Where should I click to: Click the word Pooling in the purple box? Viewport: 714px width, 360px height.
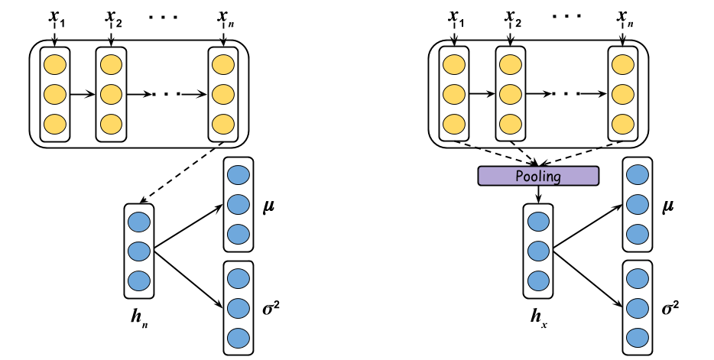(538, 176)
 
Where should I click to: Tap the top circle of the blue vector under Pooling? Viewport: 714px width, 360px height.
(538, 222)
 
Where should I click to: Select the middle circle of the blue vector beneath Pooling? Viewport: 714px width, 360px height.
(538, 251)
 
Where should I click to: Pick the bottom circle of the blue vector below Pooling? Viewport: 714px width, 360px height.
(538, 281)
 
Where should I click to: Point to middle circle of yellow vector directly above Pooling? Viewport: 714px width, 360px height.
(510, 94)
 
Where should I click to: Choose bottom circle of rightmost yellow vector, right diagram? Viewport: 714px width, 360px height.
(623, 124)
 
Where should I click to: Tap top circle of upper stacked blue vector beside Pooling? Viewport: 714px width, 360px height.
(638, 175)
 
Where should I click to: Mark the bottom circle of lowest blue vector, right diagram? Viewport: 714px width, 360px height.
(638, 338)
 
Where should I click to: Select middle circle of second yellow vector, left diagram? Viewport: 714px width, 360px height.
(111, 94)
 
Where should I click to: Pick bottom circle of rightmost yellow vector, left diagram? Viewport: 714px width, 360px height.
(223, 124)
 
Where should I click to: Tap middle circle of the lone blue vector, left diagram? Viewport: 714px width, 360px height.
(139, 251)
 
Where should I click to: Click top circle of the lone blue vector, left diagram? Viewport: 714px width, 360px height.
(139, 222)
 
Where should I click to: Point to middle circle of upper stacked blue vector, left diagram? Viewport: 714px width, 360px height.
(239, 204)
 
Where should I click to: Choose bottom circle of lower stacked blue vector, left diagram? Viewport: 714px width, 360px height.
(239, 338)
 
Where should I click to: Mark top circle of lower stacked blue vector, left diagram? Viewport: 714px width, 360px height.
(239, 278)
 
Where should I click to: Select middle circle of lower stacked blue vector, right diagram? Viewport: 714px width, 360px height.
(638, 308)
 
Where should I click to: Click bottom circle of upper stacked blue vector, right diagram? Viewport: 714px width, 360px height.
(638, 234)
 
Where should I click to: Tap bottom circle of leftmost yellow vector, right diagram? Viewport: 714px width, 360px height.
(454, 124)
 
